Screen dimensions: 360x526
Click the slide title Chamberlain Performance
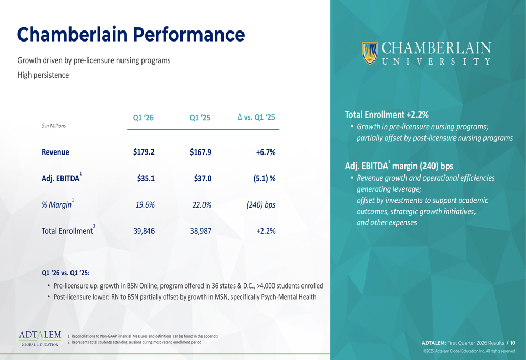coord(131,35)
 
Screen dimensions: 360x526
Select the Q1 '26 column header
coord(143,118)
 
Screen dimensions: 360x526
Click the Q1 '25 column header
coord(200,118)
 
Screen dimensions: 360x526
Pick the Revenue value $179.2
coord(144,152)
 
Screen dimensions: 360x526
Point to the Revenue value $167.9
coord(200,152)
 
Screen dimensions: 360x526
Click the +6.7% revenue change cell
coord(266,152)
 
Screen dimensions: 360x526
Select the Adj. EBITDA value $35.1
coord(145,178)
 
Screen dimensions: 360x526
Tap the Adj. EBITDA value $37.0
coord(203,178)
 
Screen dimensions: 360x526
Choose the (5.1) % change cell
coord(264,178)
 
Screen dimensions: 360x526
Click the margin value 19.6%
coord(145,205)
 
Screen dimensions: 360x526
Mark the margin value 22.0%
coord(201,205)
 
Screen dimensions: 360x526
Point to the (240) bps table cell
coord(261,205)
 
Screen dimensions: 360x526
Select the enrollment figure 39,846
coord(144,231)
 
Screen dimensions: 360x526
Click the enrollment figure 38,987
coord(200,231)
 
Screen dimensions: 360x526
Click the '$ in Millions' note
coord(53,126)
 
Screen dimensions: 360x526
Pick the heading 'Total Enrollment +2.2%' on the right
coord(387,114)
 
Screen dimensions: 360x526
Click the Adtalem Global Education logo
coord(40,338)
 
